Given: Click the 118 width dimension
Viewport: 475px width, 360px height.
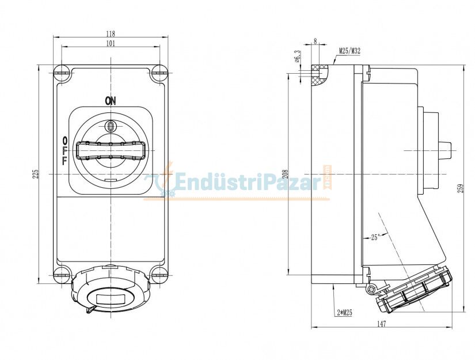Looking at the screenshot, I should (x=110, y=33).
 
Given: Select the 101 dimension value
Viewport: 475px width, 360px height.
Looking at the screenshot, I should (x=110, y=43).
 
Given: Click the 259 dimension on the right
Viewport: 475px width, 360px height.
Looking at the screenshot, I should (x=460, y=188).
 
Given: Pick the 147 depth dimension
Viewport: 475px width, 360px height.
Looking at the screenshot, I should (x=382, y=324).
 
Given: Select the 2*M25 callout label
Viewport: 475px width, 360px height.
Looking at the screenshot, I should (x=344, y=312).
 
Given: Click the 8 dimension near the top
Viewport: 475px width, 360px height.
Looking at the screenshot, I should (x=315, y=41).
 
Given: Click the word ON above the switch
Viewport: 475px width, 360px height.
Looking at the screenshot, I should (x=110, y=101).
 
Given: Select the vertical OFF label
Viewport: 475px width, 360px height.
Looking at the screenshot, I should (x=64, y=151).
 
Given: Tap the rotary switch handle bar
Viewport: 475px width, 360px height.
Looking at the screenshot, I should (x=110, y=151).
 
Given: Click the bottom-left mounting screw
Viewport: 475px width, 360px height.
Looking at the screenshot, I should (x=62, y=274).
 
